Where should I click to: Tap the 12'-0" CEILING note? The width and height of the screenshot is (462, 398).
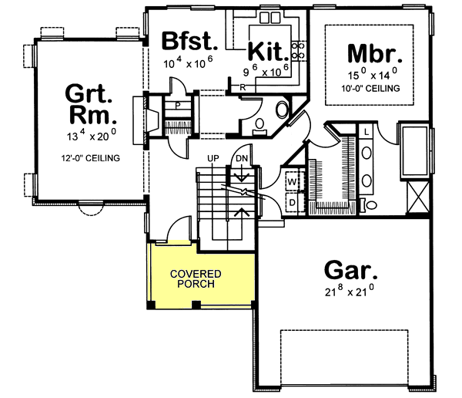89,159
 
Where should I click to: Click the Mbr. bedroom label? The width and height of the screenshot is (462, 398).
376,55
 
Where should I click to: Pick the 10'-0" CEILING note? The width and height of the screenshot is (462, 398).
373,89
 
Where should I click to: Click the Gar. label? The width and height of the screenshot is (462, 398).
350,271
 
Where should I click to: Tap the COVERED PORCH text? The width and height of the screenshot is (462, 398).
196,278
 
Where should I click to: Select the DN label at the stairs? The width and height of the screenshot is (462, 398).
242,158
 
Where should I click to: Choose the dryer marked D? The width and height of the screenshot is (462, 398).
293,202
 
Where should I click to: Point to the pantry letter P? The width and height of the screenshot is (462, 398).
177,104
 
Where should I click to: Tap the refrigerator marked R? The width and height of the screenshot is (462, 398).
243,87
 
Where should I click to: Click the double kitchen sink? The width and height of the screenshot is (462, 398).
269,18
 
